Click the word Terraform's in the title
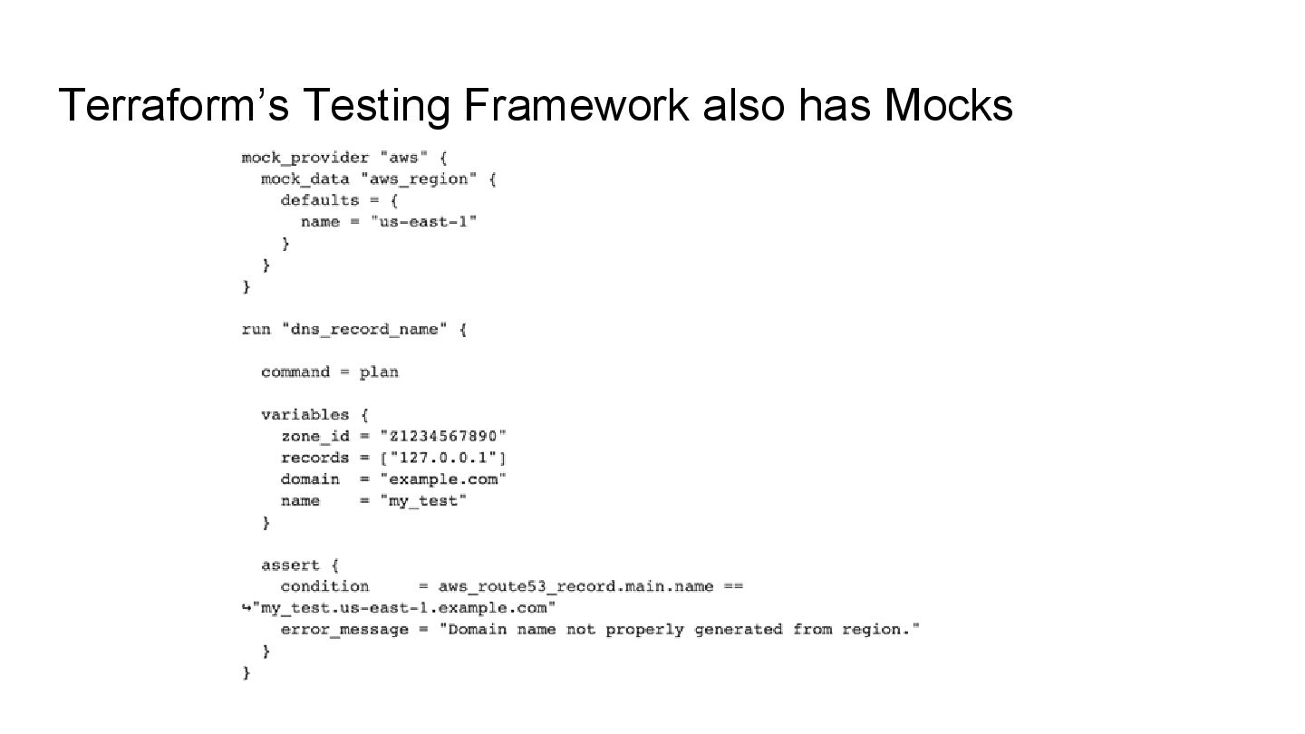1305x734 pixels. coord(173,106)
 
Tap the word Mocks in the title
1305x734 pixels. coord(949,106)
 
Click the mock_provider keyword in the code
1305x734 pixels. coord(304,158)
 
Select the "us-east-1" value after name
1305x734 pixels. coord(424,222)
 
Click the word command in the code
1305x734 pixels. coord(295,372)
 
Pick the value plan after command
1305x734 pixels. coord(379,372)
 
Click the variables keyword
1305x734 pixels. coord(304,414)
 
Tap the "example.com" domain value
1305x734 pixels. coord(443,478)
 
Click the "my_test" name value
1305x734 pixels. coord(423,500)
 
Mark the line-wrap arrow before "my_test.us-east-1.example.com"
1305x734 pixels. coord(246,607)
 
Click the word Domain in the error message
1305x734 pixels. coord(478,629)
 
